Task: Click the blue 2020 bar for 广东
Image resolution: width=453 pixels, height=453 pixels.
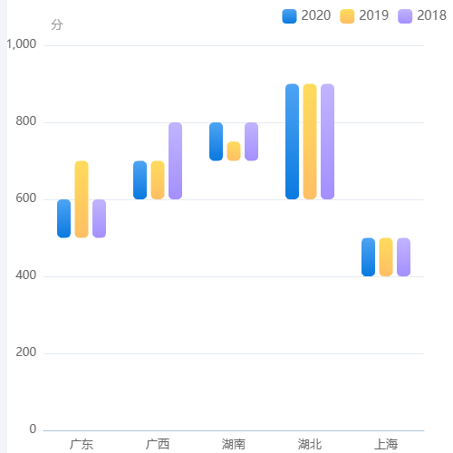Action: click(x=63, y=218)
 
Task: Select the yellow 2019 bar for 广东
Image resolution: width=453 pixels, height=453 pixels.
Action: click(x=82, y=199)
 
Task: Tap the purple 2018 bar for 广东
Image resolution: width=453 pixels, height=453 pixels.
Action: click(x=99, y=218)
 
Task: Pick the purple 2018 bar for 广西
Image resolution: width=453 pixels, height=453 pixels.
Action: click(x=175, y=161)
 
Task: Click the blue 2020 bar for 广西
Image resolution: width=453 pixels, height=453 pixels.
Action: click(x=140, y=180)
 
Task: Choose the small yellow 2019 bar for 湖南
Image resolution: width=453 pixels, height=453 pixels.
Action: click(x=234, y=151)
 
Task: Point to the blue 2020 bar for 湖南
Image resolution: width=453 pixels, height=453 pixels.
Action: click(x=216, y=141)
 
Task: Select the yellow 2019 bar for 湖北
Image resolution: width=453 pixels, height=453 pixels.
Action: click(x=310, y=141)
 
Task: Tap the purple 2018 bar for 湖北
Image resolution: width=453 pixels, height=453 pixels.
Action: click(x=327, y=141)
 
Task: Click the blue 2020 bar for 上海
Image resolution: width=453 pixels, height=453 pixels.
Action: click(x=368, y=257)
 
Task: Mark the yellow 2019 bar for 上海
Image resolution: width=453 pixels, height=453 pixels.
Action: click(x=386, y=257)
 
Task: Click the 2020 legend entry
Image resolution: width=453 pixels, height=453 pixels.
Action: click(x=306, y=15)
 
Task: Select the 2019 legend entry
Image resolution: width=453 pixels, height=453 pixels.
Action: click(x=364, y=15)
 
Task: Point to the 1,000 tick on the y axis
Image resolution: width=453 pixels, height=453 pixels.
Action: click(x=21, y=44)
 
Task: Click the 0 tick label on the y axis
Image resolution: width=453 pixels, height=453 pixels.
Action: click(x=33, y=429)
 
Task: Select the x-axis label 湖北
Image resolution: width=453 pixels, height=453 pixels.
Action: click(x=310, y=444)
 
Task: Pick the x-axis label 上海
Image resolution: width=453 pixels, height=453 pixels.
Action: click(x=386, y=444)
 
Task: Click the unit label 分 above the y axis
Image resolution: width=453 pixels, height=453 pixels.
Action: click(x=57, y=24)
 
